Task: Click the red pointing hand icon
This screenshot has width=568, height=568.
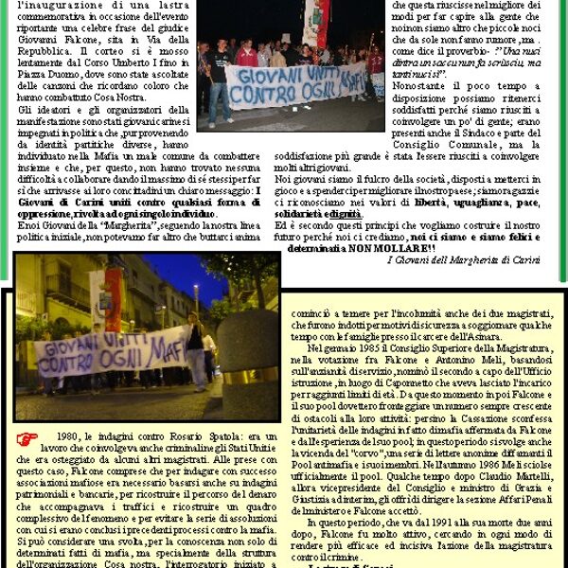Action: (27, 438)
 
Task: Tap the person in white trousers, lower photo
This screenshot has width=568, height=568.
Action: (199, 355)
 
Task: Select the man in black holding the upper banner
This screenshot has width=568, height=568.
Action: (220, 80)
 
